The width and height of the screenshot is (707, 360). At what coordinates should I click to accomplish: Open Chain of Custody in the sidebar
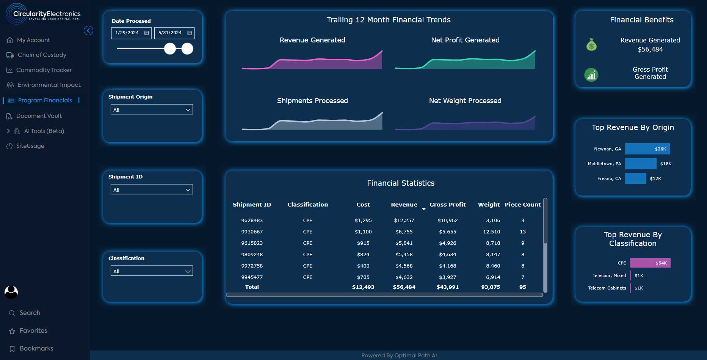click(42, 55)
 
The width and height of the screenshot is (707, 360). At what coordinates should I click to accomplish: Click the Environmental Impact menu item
click(49, 85)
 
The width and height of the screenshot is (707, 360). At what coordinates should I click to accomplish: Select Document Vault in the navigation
click(39, 116)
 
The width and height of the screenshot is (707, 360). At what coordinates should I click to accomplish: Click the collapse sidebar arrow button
click(88, 31)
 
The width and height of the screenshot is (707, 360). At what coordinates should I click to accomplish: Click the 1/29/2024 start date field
click(131, 33)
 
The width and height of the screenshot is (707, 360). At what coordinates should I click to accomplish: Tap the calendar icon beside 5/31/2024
click(190, 33)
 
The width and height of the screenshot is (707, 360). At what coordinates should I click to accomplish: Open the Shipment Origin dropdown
click(152, 110)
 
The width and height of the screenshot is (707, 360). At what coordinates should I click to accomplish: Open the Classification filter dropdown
click(152, 271)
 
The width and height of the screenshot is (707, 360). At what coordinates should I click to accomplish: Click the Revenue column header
click(404, 205)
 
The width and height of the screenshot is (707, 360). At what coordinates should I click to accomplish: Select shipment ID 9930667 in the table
click(252, 232)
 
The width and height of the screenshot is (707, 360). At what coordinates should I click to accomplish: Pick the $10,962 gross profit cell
click(447, 220)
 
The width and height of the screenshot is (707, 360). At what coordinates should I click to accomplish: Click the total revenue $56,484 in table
click(404, 287)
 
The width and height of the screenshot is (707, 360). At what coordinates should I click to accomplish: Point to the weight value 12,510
click(491, 232)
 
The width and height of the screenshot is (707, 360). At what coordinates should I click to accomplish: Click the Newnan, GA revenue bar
click(647, 149)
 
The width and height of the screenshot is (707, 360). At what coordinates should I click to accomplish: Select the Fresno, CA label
click(609, 178)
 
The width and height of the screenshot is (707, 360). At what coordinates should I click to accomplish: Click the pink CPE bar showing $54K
click(650, 263)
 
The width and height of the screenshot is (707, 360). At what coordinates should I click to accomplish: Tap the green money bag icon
click(591, 45)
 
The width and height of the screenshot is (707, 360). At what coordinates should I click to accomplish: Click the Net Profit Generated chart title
click(465, 40)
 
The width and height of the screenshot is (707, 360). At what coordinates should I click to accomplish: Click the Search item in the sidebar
click(30, 313)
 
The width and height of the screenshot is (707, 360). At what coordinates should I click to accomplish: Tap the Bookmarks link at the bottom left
click(36, 349)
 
